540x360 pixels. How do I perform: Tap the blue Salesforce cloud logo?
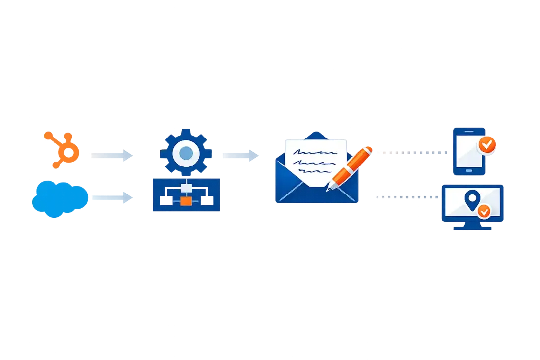pos(60,198)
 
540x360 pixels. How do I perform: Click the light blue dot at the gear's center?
pos(186,153)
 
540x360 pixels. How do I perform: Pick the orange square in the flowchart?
pos(186,201)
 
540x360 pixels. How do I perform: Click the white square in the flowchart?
pos(186,188)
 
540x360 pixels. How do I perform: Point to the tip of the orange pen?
pos(328,189)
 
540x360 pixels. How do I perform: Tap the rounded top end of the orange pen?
pos(369,148)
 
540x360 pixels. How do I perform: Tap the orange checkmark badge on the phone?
pos(487,145)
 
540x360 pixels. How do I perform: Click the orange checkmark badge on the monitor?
pos(484,211)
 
